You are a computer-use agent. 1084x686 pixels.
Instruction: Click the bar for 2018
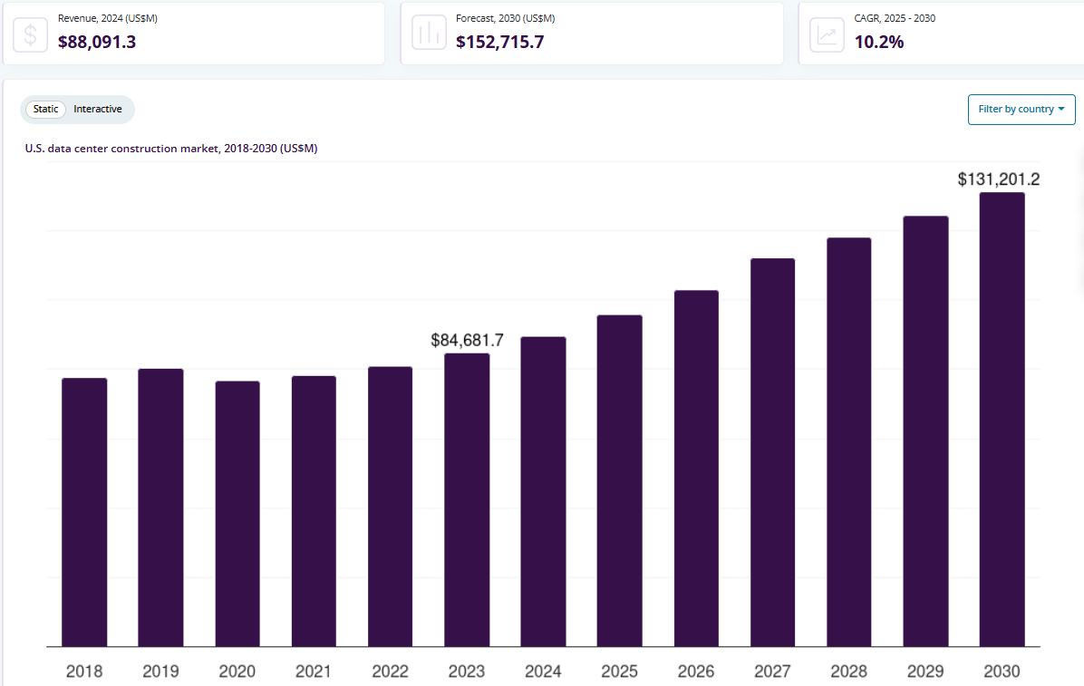[84, 512]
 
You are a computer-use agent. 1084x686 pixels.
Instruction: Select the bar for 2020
[237, 514]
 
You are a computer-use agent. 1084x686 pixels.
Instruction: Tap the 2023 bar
[467, 500]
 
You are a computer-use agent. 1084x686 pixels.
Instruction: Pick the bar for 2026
[696, 469]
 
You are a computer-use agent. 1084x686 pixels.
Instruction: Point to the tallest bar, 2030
[1002, 420]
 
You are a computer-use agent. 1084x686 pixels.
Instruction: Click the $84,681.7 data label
[467, 341]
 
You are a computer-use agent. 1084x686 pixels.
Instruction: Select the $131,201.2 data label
[998, 179]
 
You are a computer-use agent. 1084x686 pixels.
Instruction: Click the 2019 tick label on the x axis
[160, 672]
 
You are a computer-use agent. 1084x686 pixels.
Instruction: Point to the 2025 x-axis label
[619, 672]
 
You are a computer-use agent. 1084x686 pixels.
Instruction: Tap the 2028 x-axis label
[848, 672]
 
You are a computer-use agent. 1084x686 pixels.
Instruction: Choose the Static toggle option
[46, 109]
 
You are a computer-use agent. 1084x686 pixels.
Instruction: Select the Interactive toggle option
[98, 109]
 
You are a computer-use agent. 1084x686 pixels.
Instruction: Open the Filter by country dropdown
[1021, 109]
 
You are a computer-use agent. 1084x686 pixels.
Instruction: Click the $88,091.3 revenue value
[97, 41]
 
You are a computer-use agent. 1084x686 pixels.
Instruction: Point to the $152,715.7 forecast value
[499, 41]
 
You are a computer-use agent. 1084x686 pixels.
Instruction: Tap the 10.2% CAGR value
[879, 41]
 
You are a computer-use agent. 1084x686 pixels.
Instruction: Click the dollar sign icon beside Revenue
[31, 34]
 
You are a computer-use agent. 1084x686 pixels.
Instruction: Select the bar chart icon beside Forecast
[429, 34]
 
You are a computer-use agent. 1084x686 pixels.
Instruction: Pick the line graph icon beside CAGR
[827, 34]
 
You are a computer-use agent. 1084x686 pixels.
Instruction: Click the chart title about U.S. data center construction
[171, 148]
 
